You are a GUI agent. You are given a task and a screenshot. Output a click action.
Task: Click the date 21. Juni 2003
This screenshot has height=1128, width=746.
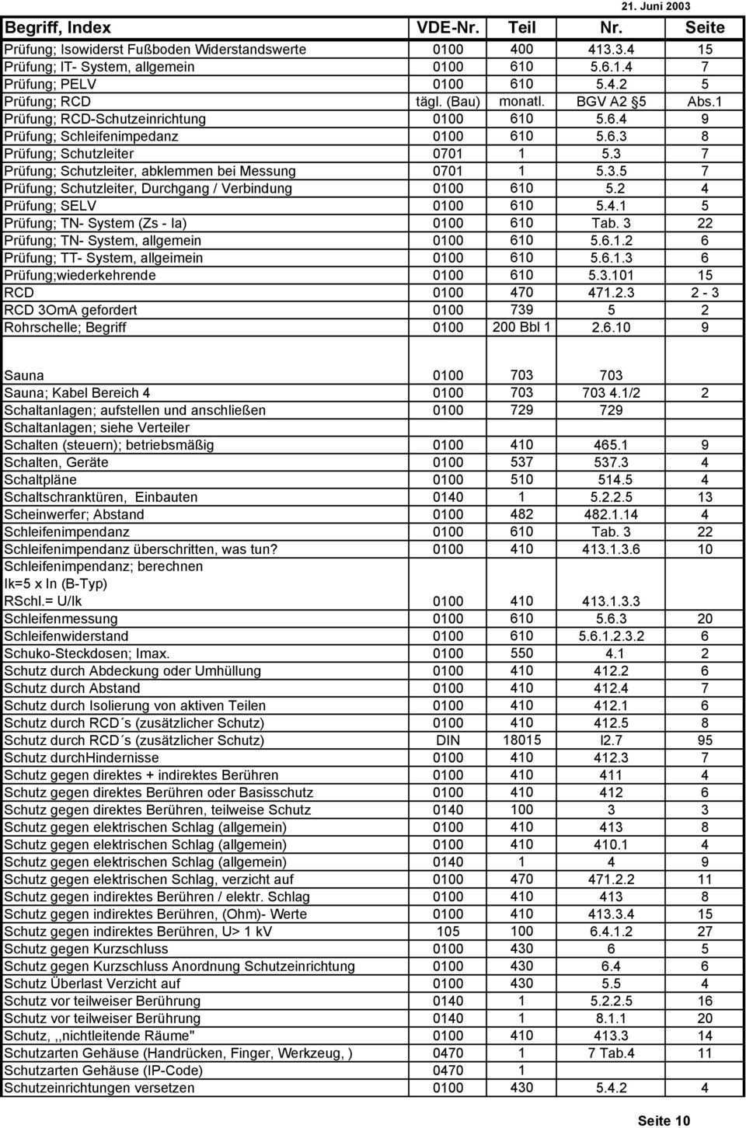tap(656, 6)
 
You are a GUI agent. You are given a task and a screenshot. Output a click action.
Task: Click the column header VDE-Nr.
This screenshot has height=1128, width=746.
tap(448, 28)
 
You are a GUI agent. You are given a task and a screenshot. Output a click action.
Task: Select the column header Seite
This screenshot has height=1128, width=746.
tap(704, 28)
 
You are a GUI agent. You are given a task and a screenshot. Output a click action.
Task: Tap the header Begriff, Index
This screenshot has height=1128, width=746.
tap(58, 28)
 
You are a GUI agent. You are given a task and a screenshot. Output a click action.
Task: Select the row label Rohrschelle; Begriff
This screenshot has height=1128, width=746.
tap(65, 328)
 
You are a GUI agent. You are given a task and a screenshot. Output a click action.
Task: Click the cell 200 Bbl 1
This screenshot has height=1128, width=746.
tap(521, 328)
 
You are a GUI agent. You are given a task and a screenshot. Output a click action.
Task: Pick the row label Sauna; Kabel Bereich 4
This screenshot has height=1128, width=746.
tap(77, 393)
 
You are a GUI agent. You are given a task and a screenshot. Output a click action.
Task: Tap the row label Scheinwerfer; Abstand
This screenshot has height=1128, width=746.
tap(74, 514)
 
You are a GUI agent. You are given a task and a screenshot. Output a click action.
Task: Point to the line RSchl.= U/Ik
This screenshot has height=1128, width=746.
tap(43, 601)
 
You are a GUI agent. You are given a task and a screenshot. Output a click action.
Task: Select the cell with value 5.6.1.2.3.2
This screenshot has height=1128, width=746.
tap(611, 636)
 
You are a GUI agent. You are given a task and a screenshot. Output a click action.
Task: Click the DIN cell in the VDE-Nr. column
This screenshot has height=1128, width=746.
tap(448, 740)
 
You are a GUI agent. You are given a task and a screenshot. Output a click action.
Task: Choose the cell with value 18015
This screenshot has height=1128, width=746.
tap(521, 740)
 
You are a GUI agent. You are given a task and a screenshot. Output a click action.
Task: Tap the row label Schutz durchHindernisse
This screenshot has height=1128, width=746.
tap(82, 757)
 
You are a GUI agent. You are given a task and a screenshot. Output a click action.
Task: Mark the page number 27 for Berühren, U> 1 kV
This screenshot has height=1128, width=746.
tap(704, 931)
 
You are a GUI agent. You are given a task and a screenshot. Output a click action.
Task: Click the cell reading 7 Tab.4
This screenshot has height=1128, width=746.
tap(611, 1053)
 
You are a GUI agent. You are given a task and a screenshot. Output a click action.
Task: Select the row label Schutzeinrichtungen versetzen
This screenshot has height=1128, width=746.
tap(99, 1088)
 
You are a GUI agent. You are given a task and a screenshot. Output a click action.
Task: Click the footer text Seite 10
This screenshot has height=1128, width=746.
tap(663, 1120)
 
